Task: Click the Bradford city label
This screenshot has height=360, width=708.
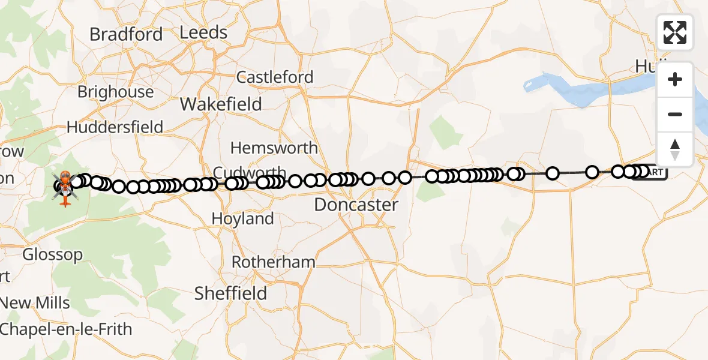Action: tap(126, 34)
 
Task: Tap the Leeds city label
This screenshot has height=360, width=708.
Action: tap(203, 32)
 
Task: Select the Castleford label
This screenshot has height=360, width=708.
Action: tap(275, 77)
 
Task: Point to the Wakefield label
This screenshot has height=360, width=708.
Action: tap(221, 104)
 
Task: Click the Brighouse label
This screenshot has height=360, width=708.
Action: tap(115, 92)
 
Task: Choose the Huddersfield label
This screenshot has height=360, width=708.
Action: tap(115, 127)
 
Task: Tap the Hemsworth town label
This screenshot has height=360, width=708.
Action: tap(274, 148)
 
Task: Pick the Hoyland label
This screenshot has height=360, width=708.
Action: tap(242, 219)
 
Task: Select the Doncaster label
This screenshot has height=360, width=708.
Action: tap(356, 205)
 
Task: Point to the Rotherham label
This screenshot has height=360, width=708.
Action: tap(273, 262)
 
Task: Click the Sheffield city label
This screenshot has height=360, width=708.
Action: tap(230, 293)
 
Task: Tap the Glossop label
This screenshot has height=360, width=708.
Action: tap(53, 254)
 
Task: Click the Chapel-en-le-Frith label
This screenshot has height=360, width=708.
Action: tap(66, 329)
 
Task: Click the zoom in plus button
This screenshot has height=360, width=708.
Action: tap(675, 79)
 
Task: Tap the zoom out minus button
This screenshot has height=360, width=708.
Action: tap(675, 114)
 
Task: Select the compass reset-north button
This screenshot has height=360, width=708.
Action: tap(675, 149)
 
